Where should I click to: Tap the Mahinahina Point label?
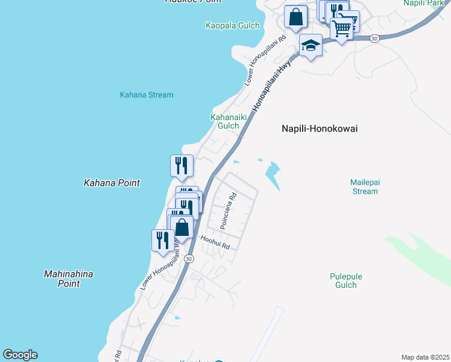(69, 279)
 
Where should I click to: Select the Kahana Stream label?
(147, 95)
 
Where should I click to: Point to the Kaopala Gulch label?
(232, 25)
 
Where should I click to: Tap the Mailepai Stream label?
(364, 186)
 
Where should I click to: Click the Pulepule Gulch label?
(346, 281)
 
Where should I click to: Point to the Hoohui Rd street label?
(215, 244)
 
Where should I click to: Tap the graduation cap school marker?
(311, 46)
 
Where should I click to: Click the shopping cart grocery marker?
(342, 28)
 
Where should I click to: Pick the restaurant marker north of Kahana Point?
(181, 165)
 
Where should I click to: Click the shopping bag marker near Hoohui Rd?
(181, 229)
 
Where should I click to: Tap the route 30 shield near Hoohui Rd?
(189, 258)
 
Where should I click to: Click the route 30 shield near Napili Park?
(374, 38)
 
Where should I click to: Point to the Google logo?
(20, 355)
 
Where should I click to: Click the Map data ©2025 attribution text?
(426, 357)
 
